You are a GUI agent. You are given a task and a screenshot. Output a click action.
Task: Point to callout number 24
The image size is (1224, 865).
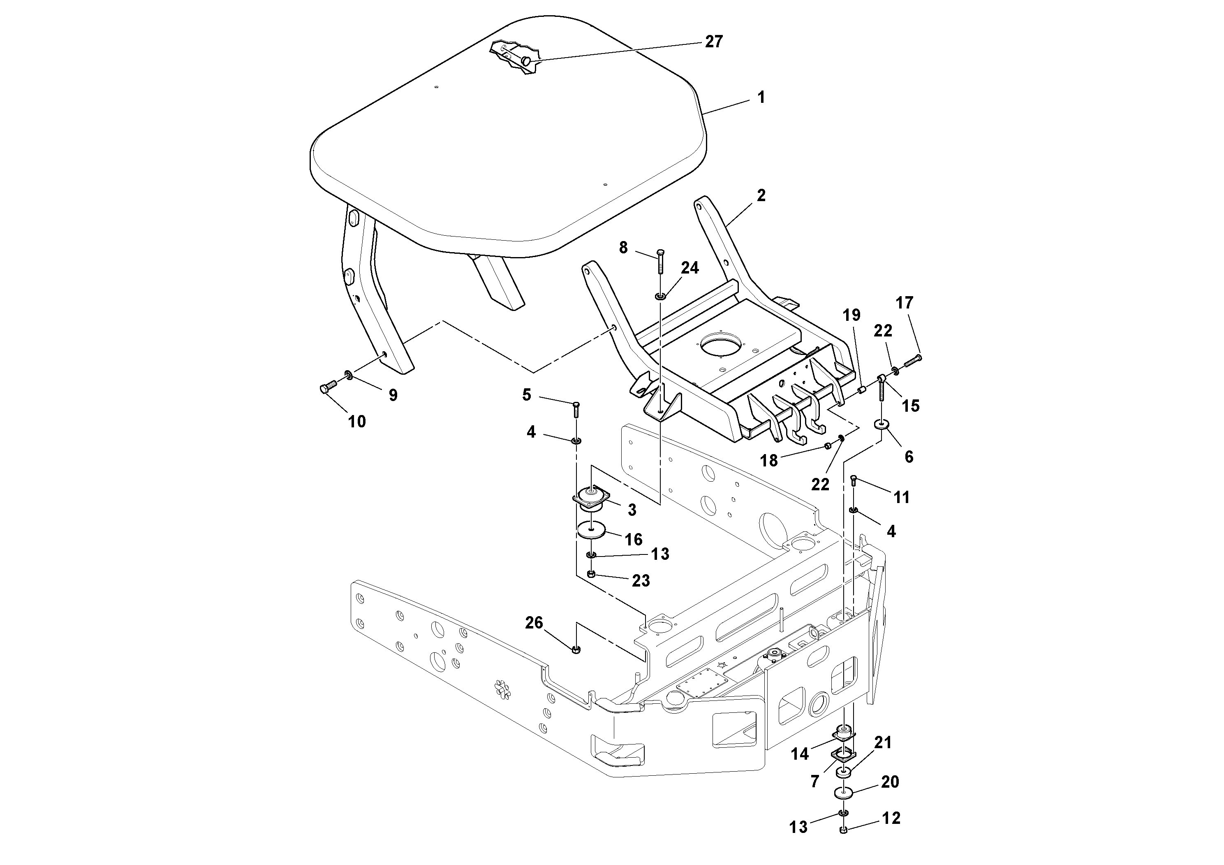[x=690, y=268]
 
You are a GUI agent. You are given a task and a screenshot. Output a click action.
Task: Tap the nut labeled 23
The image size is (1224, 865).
[x=591, y=574]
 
